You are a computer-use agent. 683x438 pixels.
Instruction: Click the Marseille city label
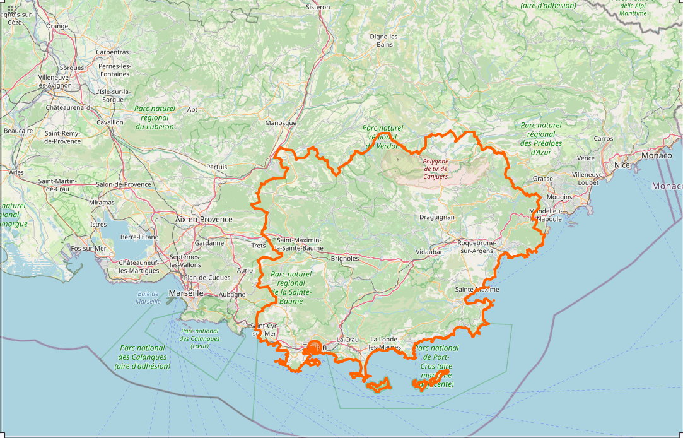[x=186, y=293]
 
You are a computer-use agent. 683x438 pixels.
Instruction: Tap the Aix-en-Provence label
[x=204, y=220]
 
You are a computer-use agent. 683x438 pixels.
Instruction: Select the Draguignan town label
[x=437, y=217]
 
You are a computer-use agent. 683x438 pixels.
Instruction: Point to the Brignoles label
[x=345, y=258]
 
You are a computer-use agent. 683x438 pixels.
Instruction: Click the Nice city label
[x=622, y=165]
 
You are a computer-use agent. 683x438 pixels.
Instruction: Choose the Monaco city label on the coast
[x=657, y=155]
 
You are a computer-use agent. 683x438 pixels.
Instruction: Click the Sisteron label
[x=317, y=7]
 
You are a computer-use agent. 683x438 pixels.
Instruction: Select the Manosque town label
[x=281, y=123]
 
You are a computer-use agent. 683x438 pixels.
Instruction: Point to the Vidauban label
[x=429, y=251]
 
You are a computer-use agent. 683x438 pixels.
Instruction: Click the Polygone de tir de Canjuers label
[x=436, y=169]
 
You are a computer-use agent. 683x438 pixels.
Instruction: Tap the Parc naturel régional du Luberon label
[x=155, y=117]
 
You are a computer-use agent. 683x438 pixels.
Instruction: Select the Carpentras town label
[x=112, y=52]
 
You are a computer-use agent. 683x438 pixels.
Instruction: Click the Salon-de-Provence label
[x=124, y=184]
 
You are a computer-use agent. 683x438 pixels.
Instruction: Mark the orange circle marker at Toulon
[x=316, y=346]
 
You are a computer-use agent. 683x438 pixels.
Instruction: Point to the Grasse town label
[x=542, y=179]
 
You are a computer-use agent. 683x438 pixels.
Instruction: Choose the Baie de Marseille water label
[x=148, y=298]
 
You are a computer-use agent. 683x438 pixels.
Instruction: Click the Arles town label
[x=16, y=172]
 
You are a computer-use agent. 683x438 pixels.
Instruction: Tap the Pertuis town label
[x=216, y=167]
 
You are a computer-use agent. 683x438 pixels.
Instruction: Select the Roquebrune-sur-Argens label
[x=477, y=247]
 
